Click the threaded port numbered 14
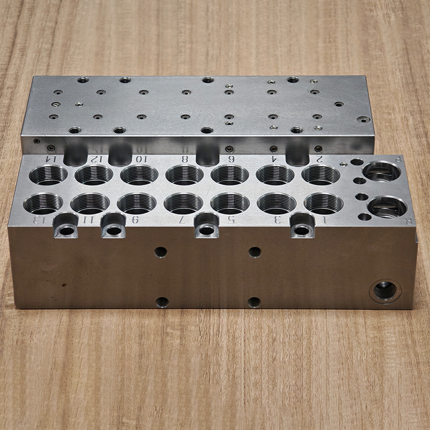pyautogui.click(x=48, y=175)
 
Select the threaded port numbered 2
pyautogui.click(x=320, y=175)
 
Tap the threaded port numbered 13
pyautogui.click(x=44, y=202)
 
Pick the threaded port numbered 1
pyautogui.click(x=323, y=202)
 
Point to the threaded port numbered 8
pyautogui.click(x=184, y=175)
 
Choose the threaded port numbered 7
pyautogui.click(x=183, y=202)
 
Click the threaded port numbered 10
pyautogui.click(x=140, y=175)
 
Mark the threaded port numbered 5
pyautogui.click(x=230, y=202)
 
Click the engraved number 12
pyautogui.click(x=97, y=159)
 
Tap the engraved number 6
pyautogui.click(x=231, y=159)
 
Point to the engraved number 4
pyautogui.click(x=274, y=159)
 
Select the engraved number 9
pyautogui.click(x=134, y=219)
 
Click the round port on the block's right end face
pyautogui.click(x=385, y=290)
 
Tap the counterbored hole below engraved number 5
pyautogui.click(x=206, y=230)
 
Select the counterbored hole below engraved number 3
pyautogui.click(x=302, y=230)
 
